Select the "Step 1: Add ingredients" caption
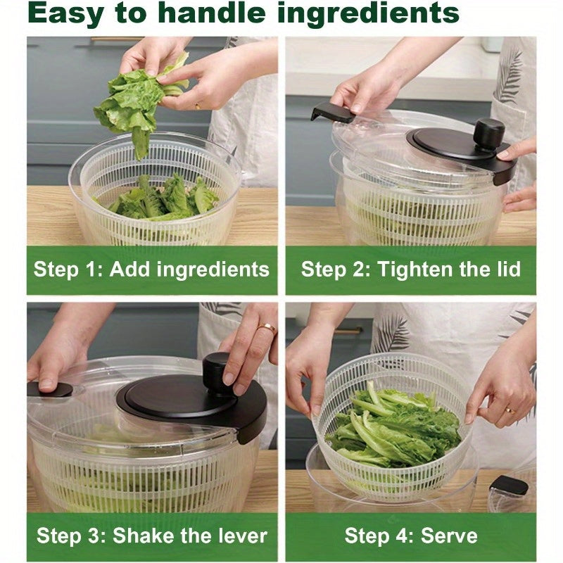pos(151,270)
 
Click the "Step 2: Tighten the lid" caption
pos(411,270)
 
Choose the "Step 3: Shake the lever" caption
pos(151,536)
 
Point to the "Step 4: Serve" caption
pos(411,536)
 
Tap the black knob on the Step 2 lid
pos(488,132)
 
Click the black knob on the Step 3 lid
pos(219,369)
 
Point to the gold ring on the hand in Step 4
pos(510,409)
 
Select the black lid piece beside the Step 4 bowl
pos(508,486)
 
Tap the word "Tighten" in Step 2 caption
pos(407,270)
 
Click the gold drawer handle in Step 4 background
pos(348,331)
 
